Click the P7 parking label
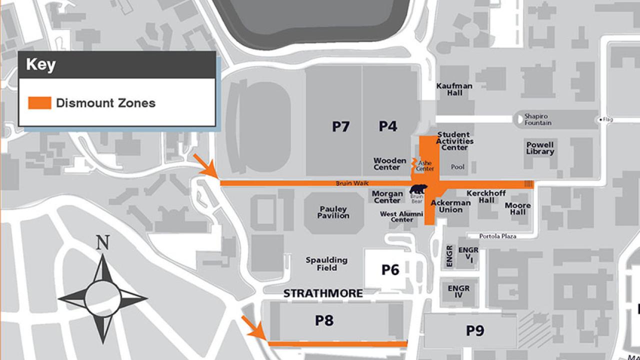341,126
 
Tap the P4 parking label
387,126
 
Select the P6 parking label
390,270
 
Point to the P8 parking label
324,320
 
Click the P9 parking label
475,330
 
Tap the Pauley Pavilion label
333,212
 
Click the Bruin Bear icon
417,189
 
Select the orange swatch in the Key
39,103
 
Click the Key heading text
40,65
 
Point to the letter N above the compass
103,243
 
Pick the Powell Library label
540,148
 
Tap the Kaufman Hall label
454,89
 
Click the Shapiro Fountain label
538,119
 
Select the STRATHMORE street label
323,293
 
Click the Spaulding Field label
326,264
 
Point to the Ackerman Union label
450,206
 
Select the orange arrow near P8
253,328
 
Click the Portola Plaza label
497,236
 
